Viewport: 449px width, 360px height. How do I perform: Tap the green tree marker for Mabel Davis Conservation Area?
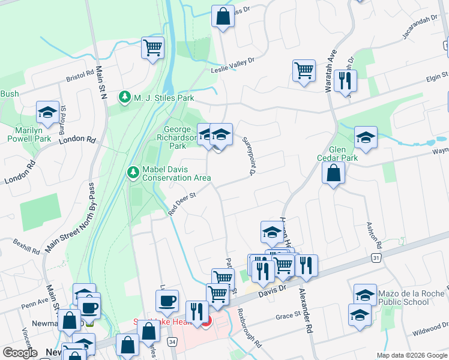coord(133,173)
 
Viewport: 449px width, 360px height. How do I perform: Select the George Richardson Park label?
coord(180,137)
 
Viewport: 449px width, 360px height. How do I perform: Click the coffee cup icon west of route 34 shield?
coord(167,300)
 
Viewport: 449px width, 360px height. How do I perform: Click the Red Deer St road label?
coord(182,203)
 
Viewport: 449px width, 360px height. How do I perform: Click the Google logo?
coord(20,353)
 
